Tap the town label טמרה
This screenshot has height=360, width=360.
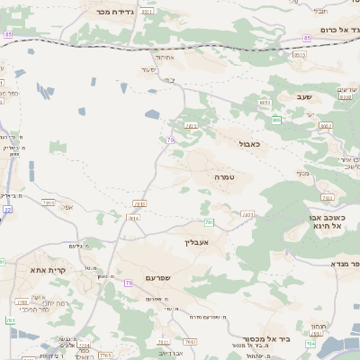click(224, 177)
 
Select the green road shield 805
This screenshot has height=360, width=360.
click(275, 119)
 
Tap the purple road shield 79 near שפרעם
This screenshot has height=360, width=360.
click(129, 283)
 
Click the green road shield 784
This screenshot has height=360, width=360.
click(310, 343)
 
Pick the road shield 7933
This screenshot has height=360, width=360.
click(247, 214)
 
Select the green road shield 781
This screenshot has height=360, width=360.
click(209, 221)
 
